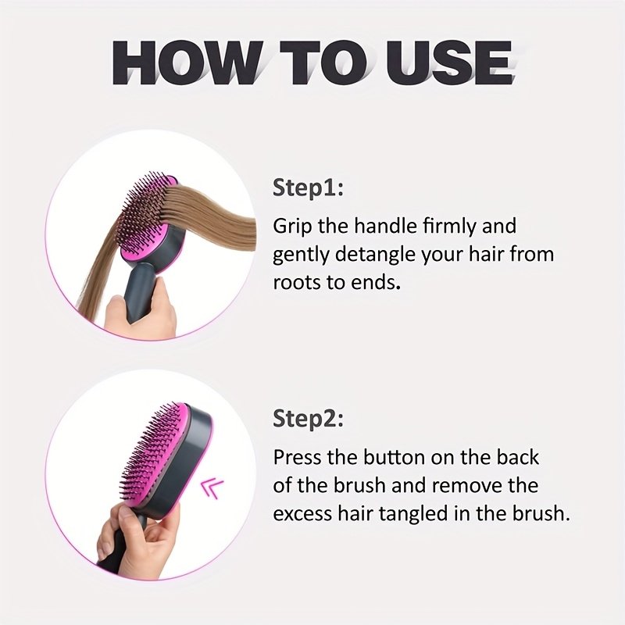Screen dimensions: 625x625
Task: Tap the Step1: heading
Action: click(308, 188)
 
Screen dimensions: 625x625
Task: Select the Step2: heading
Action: click(308, 419)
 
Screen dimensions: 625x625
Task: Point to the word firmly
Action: click(448, 227)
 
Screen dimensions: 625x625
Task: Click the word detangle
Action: click(376, 255)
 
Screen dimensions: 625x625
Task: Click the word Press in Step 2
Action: click(297, 458)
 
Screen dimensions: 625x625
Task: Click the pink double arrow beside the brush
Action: click(212, 489)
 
